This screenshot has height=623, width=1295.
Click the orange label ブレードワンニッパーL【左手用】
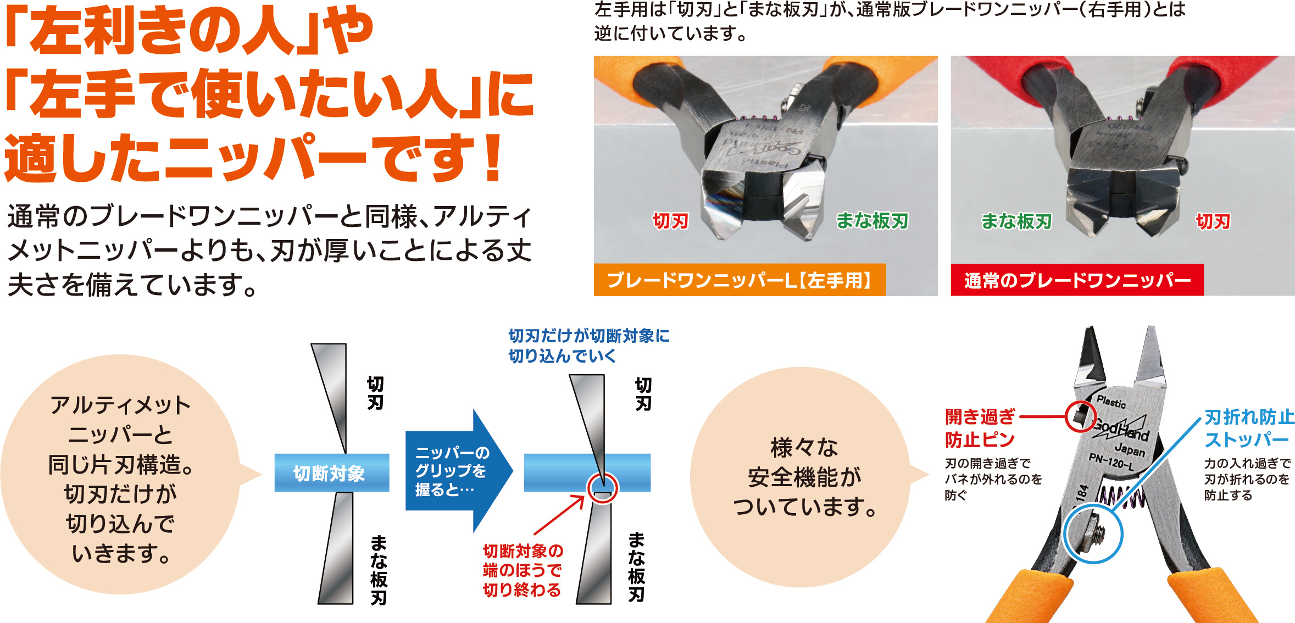(740, 280)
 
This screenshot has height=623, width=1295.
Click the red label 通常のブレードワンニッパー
(1077, 280)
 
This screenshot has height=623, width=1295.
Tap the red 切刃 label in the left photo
(670, 221)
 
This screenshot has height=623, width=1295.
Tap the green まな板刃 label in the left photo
(872, 221)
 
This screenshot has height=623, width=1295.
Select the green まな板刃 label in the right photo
(1016, 221)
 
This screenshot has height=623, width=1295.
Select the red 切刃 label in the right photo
(1213, 221)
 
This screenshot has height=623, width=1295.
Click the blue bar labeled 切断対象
(332, 472)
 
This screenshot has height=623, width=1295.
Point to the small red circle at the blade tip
(602, 488)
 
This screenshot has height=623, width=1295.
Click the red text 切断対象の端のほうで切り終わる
(523, 570)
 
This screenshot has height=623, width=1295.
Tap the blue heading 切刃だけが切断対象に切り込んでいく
(589, 346)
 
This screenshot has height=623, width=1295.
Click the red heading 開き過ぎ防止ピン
(980, 428)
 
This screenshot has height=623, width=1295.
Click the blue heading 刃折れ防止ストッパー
(1249, 428)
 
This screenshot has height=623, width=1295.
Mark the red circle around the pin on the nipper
(1066, 416)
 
